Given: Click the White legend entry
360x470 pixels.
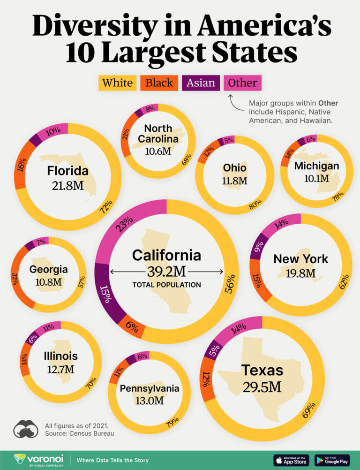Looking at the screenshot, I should coord(117,83).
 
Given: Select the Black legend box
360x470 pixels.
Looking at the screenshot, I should coord(159,83).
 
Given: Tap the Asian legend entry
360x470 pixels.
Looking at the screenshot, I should coord(201,83).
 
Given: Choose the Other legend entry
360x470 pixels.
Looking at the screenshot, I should coord(242,83).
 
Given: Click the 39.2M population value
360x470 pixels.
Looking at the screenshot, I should coord(166,272).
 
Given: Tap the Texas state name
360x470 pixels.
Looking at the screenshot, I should coord(262,370).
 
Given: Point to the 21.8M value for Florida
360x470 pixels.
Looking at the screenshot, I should coord(67,185).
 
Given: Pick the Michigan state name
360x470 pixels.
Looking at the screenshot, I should coord(316,166).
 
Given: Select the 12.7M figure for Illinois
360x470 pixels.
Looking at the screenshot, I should coord(61,369).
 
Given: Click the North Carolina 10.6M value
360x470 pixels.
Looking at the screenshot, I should coord(158,151).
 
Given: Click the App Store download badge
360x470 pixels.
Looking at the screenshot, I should coord(291,460).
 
